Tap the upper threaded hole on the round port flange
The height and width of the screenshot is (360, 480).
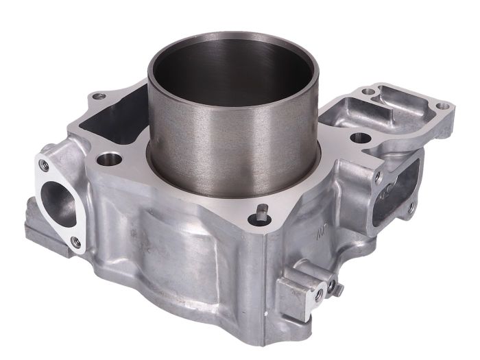click(44, 165)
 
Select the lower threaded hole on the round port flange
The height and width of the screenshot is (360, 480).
click(75, 242)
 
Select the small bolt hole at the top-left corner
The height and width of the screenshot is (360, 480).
click(97, 95)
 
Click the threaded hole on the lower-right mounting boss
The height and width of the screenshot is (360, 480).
click(318, 293)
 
